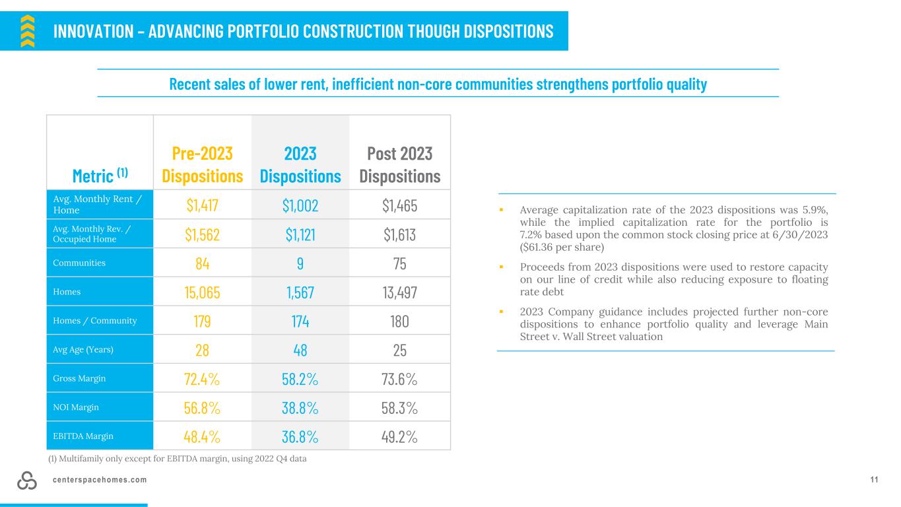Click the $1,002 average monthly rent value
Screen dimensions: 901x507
coord(300,205)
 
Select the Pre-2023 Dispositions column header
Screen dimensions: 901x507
coord(203,164)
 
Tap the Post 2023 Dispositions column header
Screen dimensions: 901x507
coord(400,164)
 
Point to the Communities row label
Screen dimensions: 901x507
coord(79,263)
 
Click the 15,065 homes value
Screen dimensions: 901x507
coord(203,292)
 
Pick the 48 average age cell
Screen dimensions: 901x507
coord(300,350)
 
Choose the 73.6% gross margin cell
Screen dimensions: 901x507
coord(399,379)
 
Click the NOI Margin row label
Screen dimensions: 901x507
coord(76,407)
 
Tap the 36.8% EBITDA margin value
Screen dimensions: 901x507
coord(300,436)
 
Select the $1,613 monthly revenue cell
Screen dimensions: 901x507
coord(399,234)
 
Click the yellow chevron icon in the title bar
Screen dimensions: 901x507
coord(28,31)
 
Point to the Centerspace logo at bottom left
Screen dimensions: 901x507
coord(27,481)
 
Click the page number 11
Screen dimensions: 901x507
coord(874,480)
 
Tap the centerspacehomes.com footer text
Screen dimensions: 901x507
coord(100,480)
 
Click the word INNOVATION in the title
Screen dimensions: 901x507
coord(93,32)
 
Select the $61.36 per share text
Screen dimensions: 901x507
coord(562,247)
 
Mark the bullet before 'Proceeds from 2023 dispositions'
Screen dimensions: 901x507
coord(501,267)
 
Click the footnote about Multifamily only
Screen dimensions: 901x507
coord(178,459)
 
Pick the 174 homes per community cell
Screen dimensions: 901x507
coord(300,321)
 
